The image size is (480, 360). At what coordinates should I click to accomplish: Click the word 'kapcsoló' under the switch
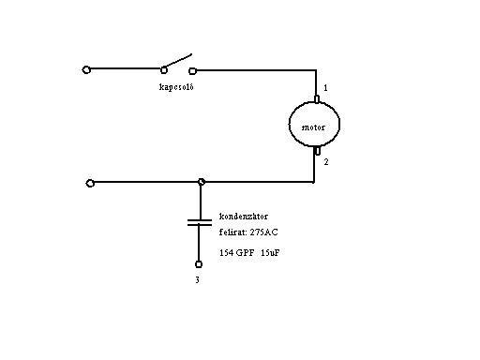tap(176, 87)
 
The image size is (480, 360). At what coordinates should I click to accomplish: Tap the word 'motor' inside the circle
tap(313, 127)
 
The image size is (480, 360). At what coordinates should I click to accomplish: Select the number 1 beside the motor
tap(325, 88)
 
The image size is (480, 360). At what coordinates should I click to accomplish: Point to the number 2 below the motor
tap(326, 162)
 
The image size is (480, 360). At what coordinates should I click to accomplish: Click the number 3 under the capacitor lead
tap(197, 280)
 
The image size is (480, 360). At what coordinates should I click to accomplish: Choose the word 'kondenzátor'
tap(244, 217)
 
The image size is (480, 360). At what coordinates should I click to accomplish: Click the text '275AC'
tap(263, 232)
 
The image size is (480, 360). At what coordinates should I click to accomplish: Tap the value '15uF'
tap(270, 252)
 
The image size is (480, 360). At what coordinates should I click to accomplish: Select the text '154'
tap(226, 252)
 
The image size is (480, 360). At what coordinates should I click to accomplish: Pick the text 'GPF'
tap(245, 252)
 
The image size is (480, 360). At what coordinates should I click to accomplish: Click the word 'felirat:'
tap(232, 232)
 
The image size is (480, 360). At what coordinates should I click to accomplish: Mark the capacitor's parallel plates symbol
tap(200, 222)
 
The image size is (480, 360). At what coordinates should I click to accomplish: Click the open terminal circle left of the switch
tap(86, 69)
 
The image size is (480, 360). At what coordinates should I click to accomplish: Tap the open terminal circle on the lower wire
tap(90, 183)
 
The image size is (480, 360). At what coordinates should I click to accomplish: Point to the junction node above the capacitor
tap(202, 182)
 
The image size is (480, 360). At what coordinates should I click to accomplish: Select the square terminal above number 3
tap(199, 264)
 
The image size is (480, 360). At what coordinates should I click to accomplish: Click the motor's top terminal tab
tap(317, 99)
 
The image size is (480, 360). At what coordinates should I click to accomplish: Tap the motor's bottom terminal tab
tap(317, 151)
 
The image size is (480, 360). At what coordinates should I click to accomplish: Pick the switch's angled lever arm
tap(177, 61)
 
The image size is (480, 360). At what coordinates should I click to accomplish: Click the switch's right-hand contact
tap(192, 71)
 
